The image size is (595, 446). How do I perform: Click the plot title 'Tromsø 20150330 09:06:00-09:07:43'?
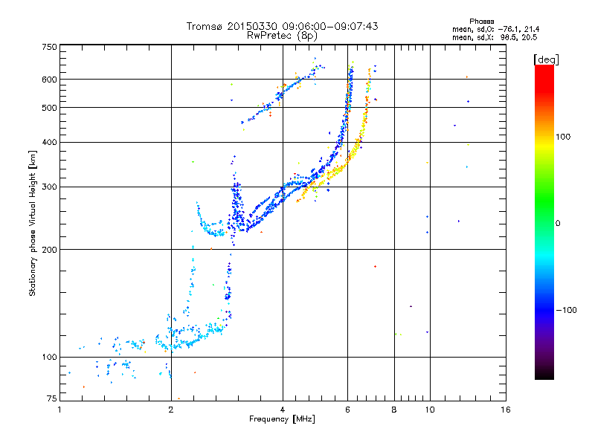(282, 26)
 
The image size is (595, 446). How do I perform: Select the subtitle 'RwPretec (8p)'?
(282, 35)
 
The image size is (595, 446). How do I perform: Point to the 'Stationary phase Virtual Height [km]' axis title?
(33, 222)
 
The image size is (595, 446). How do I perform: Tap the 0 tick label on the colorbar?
(558, 223)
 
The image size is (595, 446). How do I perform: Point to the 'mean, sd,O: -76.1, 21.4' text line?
(495, 29)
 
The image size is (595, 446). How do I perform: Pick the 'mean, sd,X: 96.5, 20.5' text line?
(495, 36)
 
